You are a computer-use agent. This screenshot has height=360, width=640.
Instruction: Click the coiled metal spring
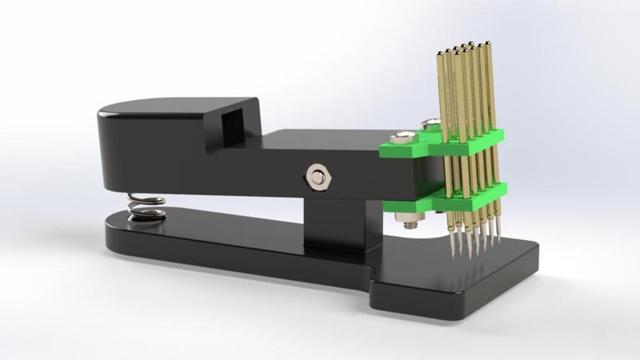pos(146,206)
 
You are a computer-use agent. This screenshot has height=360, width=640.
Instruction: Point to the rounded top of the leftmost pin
pos(439,54)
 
